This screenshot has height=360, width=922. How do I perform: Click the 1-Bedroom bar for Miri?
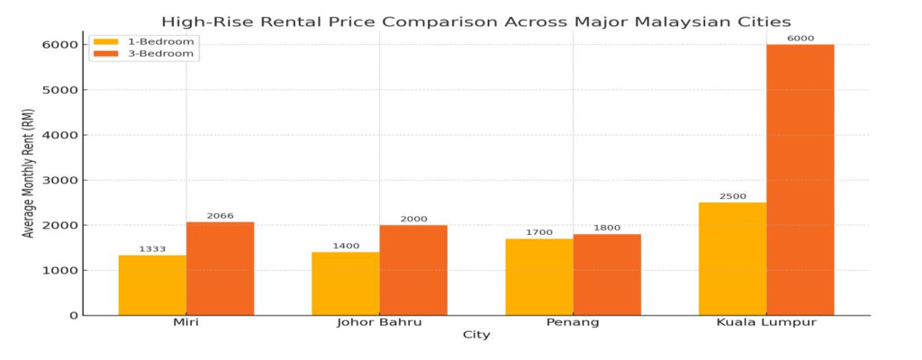coord(152,285)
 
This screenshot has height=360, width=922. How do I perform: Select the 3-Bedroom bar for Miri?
coord(220,268)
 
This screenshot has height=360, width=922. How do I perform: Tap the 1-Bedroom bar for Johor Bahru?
coord(346,283)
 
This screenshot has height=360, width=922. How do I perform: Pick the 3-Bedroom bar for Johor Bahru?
coord(413,270)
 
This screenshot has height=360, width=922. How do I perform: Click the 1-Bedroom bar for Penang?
coord(539,276)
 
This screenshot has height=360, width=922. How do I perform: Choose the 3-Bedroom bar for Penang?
coord(607,274)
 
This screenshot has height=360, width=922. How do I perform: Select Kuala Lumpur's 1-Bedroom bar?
coord(732,258)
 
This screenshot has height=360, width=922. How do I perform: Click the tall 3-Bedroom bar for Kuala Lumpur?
coord(800,180)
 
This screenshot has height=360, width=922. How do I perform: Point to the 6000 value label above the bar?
coord(800,38)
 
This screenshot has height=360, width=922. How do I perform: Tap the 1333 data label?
coord(152,249)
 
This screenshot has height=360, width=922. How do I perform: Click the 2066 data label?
coord(220,216)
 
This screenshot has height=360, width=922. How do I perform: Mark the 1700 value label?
coord(539,232)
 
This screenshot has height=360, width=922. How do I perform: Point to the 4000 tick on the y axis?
coord(59,135)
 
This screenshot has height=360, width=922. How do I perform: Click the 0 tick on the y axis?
coord(70,316)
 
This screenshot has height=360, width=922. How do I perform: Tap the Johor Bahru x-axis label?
coord(379,323)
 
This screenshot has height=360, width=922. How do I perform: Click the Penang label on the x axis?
coord(573,323)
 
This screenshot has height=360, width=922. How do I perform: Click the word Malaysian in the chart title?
coord(629,22)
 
